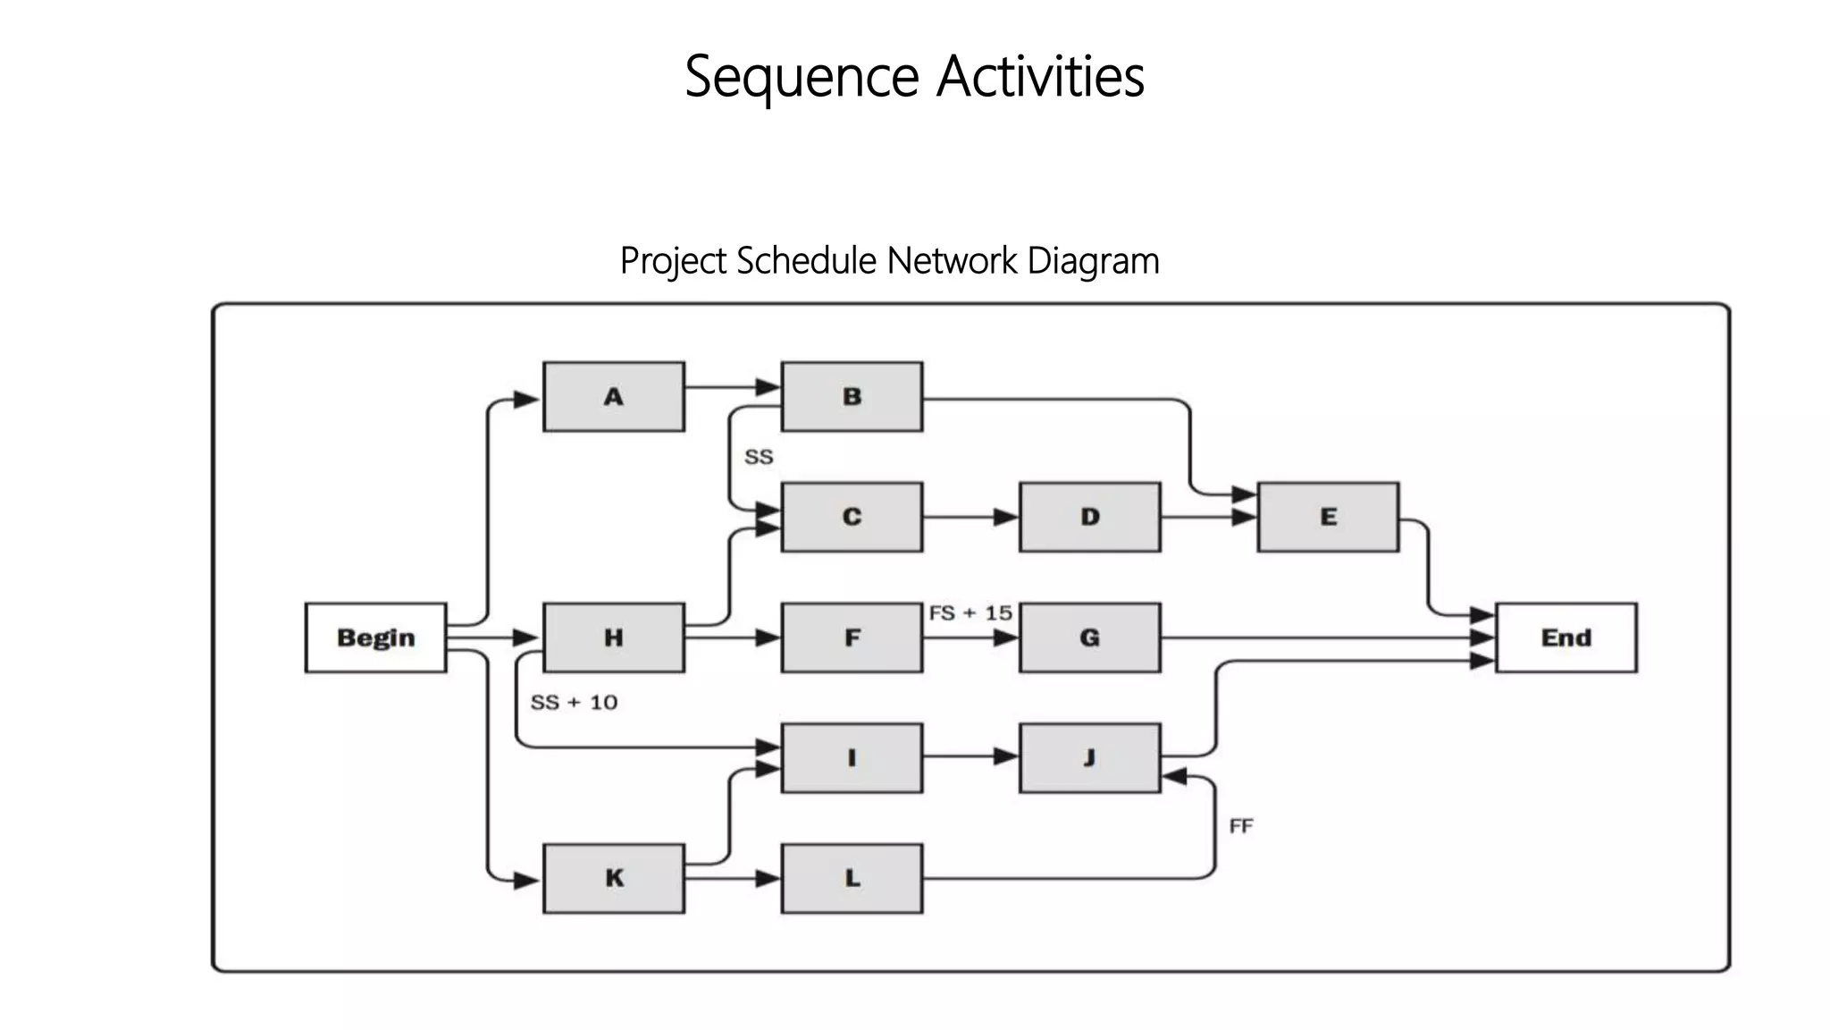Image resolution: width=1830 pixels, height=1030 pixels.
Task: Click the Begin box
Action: (x=375, y=637)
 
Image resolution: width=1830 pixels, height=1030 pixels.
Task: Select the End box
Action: (x=1566, y=637)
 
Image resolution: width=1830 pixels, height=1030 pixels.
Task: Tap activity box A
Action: (x=613, y=397)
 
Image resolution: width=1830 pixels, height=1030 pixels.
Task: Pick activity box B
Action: (x=852, y=397)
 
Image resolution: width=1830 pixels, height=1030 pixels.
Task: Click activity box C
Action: (x=852, y=517)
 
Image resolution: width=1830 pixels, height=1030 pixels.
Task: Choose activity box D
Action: (x=1089, y=517)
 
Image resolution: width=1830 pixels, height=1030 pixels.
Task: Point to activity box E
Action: (x=1328, y=517)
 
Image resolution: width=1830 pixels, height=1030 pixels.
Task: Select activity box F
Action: (x=852, y=637)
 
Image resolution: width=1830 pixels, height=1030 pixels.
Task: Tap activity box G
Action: (x=1089, y=637)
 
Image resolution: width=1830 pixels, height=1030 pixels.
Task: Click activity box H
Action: (x=613, y=637)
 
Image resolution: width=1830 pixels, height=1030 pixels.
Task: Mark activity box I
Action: (x=852, y=758)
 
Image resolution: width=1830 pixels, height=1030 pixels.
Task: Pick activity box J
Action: (x=1089, y=758)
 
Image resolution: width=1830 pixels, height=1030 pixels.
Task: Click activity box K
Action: (x=613, y=878)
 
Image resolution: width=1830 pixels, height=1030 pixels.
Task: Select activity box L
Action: (x=852, y=878)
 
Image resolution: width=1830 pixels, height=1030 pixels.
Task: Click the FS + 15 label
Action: (x=970, y=613)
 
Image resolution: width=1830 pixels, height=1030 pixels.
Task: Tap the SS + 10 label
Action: (x=574, y=703)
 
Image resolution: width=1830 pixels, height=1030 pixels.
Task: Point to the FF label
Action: (x=1241, y=826)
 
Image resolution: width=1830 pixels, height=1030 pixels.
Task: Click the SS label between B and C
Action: (x=759, y=457)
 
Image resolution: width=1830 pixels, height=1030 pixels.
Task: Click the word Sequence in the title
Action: (x=802, y=77)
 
